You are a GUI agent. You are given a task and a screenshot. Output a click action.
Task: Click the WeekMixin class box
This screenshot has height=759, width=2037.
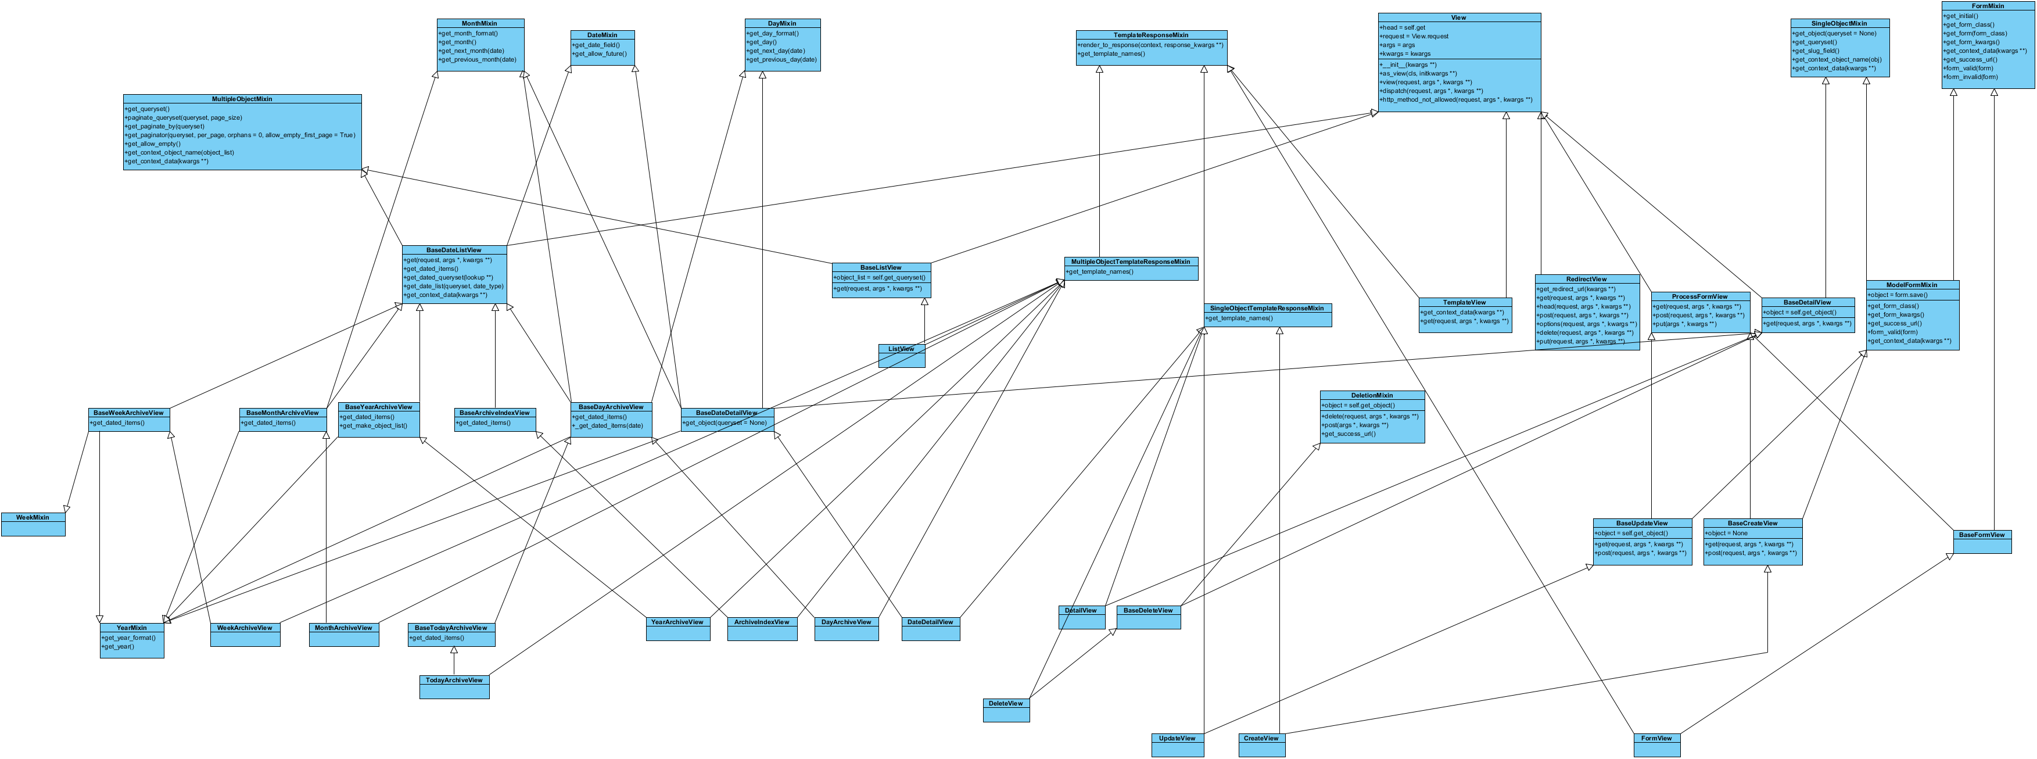click(x=33, y=524)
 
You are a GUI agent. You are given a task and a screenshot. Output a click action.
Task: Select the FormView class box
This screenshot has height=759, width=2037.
click(x=1656, y=745)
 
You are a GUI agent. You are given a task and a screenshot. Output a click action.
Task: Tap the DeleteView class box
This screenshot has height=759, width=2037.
click(x=1006, y=710)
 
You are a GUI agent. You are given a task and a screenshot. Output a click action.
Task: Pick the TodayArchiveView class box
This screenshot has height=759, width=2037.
click(x=454, y=686)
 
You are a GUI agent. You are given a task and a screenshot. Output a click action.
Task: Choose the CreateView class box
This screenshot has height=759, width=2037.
click(x=1261, y=745)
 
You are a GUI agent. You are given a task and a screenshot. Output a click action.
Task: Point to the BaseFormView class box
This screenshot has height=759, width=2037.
click(x=1982, y=542)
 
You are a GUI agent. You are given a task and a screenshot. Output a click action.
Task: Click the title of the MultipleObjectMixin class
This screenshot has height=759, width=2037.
click(x=242, y=99)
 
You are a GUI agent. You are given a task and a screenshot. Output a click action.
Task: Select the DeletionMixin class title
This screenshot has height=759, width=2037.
click(x=1372, y=395)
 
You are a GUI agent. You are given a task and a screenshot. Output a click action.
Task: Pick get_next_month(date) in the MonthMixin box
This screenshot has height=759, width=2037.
click(x=472, y=51)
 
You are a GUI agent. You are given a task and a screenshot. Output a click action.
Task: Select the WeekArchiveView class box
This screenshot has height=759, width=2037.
click(x=245, y=634)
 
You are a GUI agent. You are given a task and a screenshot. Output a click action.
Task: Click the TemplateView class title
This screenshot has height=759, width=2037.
click(x=1465, y=302)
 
